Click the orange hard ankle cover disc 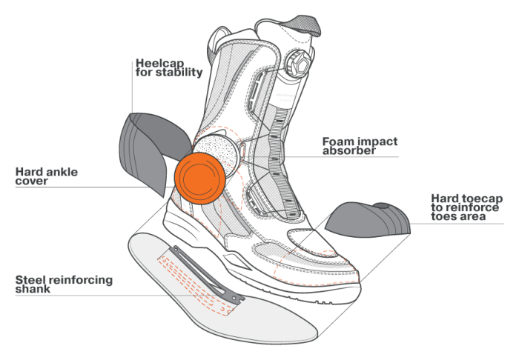point(200,179)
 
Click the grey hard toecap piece point(368,220)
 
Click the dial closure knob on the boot point(297,63)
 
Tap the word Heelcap point(159,63)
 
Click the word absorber point(349,151)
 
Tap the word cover point(31,181)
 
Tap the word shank point(33,289)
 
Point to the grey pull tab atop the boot point(305,25)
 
